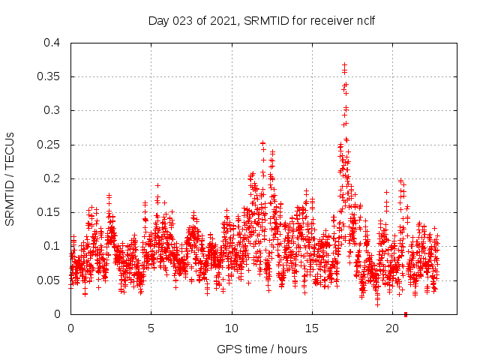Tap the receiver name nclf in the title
pyautogui.click(x=363, y=19)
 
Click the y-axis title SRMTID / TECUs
pyautogui.click(x=10, y=178)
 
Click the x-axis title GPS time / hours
pyautogui.click(x=262, y=349)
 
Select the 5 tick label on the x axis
pyautogui.click(x=151, y=328)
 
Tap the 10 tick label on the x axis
pyautogui.click(x=232, y=328)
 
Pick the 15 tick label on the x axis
pyautogui.click(x=312, y=328)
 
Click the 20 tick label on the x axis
pyautogui.click(x=392, y=328)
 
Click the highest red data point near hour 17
pyautogui.click(x=345, y=65)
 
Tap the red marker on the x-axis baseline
pyautogui.click(x=406, y=313)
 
